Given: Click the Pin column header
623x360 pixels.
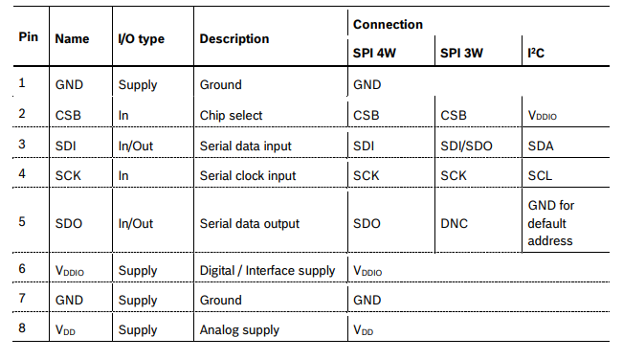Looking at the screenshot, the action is (28, 37).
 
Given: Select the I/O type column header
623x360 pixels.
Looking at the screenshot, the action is (141, 39).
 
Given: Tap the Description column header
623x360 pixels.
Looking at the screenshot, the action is (234, 39).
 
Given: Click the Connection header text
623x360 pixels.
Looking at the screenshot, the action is (388, 24).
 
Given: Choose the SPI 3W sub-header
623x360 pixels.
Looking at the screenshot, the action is (461, 53).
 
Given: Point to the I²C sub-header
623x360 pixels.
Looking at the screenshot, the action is (537, 53).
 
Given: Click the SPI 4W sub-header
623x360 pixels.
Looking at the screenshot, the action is (374, 53).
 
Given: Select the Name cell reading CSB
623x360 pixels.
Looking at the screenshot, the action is (69, 116).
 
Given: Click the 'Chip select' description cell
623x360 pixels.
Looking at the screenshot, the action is (231, 116).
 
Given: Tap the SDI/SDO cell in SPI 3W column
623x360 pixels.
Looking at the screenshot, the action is (467, 146).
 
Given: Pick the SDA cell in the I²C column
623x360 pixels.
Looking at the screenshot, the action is (541, 146).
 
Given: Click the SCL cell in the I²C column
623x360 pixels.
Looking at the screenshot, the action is (540, 176).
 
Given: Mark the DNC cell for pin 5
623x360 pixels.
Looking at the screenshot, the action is (455, 223).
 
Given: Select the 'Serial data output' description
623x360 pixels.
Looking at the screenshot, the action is (250, 223).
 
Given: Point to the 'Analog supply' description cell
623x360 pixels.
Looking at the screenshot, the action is (239, 330).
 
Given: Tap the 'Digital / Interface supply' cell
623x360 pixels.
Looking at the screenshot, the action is (267, 271).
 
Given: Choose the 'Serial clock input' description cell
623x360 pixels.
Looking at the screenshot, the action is (248, 176).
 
